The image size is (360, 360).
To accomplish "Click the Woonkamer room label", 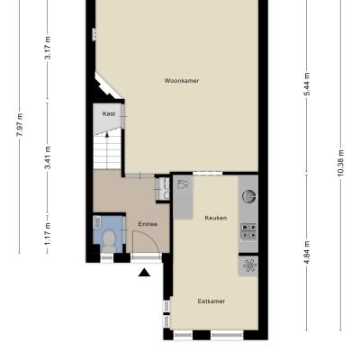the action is click(182, 81).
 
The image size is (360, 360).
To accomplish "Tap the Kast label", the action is click(109, 113).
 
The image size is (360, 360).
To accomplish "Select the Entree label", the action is click(148, 224).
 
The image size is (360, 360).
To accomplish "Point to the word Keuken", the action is click(216, 218).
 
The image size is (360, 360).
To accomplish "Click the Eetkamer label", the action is click(211, 301).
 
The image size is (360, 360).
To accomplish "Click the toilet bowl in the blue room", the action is click(109, 240).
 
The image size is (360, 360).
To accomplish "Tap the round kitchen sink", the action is click(249, 196).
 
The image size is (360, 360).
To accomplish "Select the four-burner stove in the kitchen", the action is click(248, 231).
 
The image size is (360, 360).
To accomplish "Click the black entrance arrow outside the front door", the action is click(144, 273).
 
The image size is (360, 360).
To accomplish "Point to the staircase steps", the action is click(107, 151).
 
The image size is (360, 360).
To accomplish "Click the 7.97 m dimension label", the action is click(20, 125).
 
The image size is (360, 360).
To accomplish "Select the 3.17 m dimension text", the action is click(48, 48).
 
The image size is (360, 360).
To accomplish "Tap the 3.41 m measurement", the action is click(48, 157).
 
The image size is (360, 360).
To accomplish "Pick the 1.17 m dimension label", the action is click(48, 234).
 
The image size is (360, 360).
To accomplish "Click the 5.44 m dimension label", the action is click(307, 85).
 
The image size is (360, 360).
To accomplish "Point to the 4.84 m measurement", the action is click(307, 253).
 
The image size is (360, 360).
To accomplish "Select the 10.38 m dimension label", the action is click(340, 163).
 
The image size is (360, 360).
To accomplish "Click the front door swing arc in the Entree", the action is click(154, 238).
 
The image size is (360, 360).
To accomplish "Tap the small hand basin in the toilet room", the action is click(97, 222).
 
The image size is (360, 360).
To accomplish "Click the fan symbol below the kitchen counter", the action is click(249, 265).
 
